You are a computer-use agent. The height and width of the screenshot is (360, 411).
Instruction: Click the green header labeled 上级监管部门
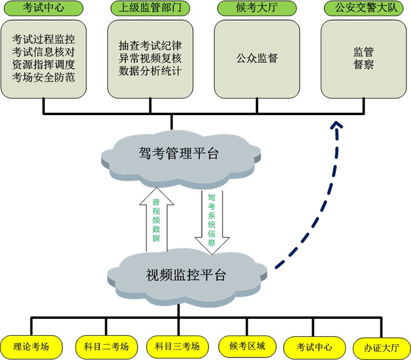pyautogui.click(x=150, y=8)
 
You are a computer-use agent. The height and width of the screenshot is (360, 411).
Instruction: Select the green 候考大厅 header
pyautogui.click(x=257, y=8)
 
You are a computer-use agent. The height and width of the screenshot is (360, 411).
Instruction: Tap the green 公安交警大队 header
pyautogui.click(x=364, y=8)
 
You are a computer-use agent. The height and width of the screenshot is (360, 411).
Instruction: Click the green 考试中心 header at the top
pyautogui.click(x=44, y=8)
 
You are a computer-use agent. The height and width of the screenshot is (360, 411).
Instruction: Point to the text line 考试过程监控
pyautogui.click(x=44, y=39)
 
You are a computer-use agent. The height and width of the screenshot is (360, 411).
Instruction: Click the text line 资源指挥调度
pyautogui.click(x=44, y=64)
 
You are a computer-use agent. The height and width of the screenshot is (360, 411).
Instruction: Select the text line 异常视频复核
pyautogui.click(x=150, y=58)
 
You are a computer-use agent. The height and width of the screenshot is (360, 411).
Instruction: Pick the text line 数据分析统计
pyautogui.click(x=150, y=71)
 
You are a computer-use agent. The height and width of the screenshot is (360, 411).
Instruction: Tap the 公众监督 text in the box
pyautogui.click(x=257, y=58)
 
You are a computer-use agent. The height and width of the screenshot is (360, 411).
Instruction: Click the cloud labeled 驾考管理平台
pyautogui.click(x=181, y=159)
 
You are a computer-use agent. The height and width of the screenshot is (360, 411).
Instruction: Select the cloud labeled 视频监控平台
pyautogui.click(x=187, y=277)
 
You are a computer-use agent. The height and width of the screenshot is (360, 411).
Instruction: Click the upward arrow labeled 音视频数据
pyautogui.click(x=157, y=219)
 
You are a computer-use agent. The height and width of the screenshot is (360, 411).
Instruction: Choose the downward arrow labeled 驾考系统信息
pyautogui.click(x=212, y=222)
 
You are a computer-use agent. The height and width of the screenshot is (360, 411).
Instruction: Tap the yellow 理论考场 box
pyautogui.click(x=31, y=347)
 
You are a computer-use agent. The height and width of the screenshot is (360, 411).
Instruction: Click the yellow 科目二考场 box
pyautogui.click(x=107, y=347)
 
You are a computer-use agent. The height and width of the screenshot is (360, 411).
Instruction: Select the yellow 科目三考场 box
pyautogui.click(x=178, y=347)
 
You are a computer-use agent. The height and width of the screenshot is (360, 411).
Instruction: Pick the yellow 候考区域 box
pyautogui.click(x=247, y=347)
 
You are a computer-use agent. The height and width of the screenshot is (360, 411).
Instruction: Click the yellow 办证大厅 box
pyautogui.click(x=382, y=348)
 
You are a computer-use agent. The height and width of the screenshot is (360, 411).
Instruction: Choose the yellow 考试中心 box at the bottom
pyautogui.click(x=315, y=347)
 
